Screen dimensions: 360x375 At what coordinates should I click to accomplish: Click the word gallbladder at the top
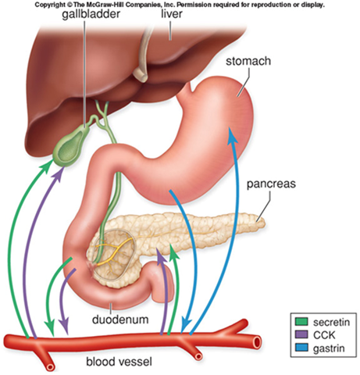click(x=91, y=13)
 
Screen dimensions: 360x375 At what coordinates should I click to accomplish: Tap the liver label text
click(x=172, y=13)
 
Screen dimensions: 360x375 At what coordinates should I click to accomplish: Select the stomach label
click(x=248, y=61)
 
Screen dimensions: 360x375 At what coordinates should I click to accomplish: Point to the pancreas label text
click(x=271, y=184)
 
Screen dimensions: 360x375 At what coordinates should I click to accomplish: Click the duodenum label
click(x=120, y=320)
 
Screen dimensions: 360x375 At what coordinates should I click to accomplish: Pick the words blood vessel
click(x=119, y=362)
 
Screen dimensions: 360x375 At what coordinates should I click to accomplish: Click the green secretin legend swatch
click(x=301, y=322)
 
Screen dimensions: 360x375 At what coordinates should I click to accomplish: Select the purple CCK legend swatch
click(x=301, y=334)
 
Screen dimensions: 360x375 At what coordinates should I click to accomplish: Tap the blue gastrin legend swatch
click(x=301, y=348)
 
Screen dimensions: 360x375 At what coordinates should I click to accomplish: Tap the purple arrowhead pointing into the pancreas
click(x=161, y=256)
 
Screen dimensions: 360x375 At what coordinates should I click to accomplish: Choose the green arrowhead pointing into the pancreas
click(x=174, y=252)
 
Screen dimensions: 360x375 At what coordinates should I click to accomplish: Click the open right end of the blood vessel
click(x=258, y=341)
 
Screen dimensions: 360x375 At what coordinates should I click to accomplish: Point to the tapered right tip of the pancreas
click(x=261, y=223)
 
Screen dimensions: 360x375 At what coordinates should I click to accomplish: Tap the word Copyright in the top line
click(x=50, y=5)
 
